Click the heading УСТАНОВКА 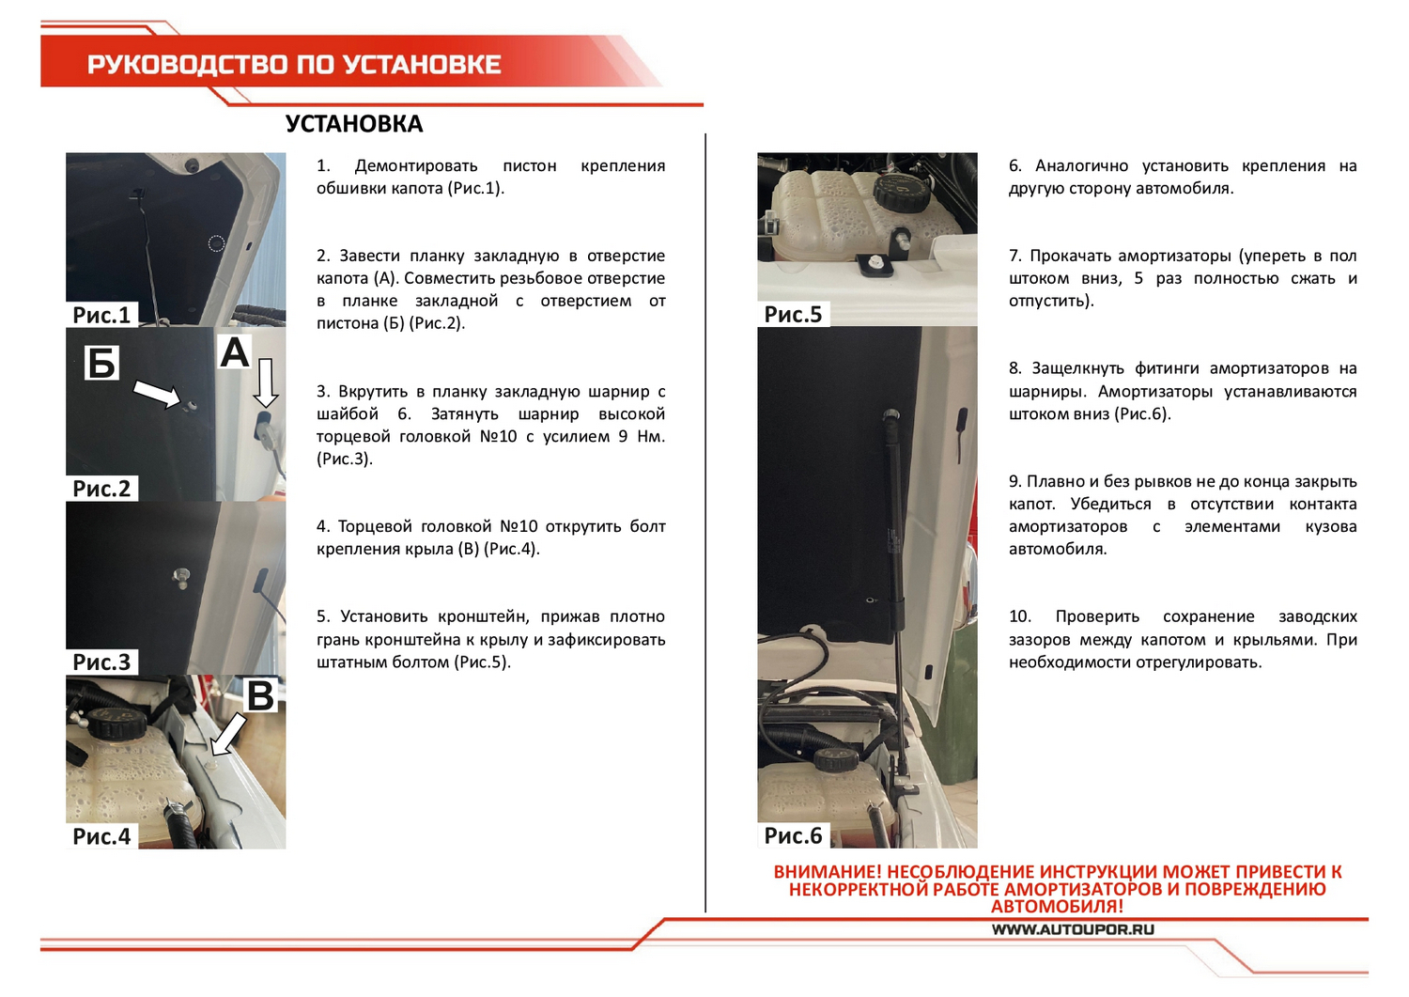[x=354, y=124]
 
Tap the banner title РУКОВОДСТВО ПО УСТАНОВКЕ [x=294, y=64]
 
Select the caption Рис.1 [x=101, y=315]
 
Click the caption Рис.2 [x=101, y=489]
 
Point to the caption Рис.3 [x=101, y=662]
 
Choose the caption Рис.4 [x=101, y=836]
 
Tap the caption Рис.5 [x=793, y=315]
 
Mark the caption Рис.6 [x=793, y=836]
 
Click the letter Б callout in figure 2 [x=101, y=363]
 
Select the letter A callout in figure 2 [x=235, y=352]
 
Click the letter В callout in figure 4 [x=261, y=695]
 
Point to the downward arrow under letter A [x=266, y=383]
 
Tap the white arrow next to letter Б [x=157, y=395]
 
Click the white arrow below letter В [x=228, y=734]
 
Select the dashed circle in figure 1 [x=216, y=243]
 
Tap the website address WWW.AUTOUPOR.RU [x=1073, y=929]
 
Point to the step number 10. [x=1019, y=616]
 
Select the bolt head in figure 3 [x=180, y=577]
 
